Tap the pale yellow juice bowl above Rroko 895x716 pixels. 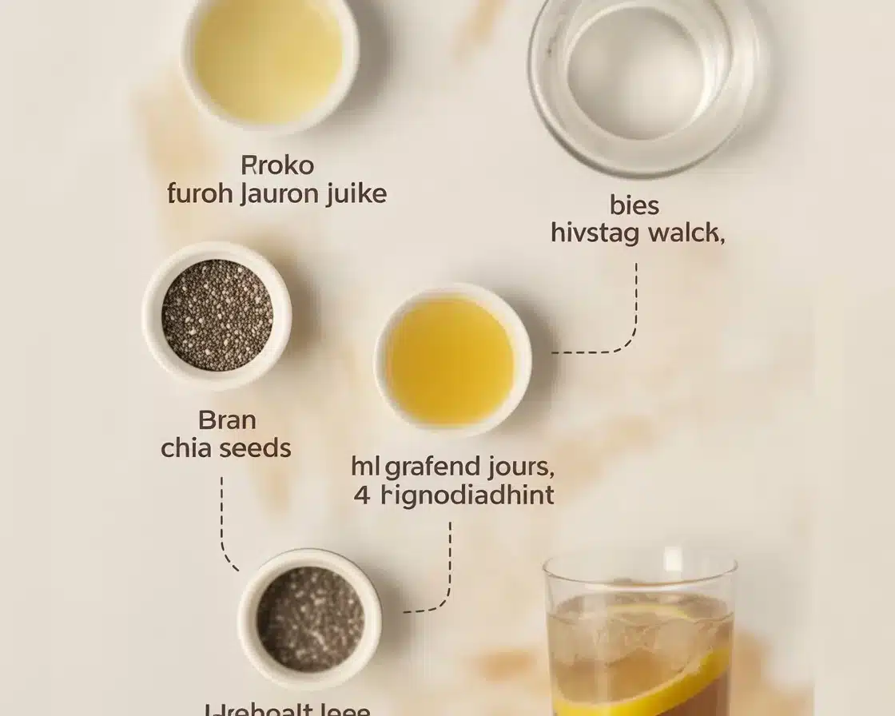pos(268,61)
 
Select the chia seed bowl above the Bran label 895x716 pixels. pos(217,315)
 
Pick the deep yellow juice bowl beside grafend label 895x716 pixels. pos(451,359)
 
